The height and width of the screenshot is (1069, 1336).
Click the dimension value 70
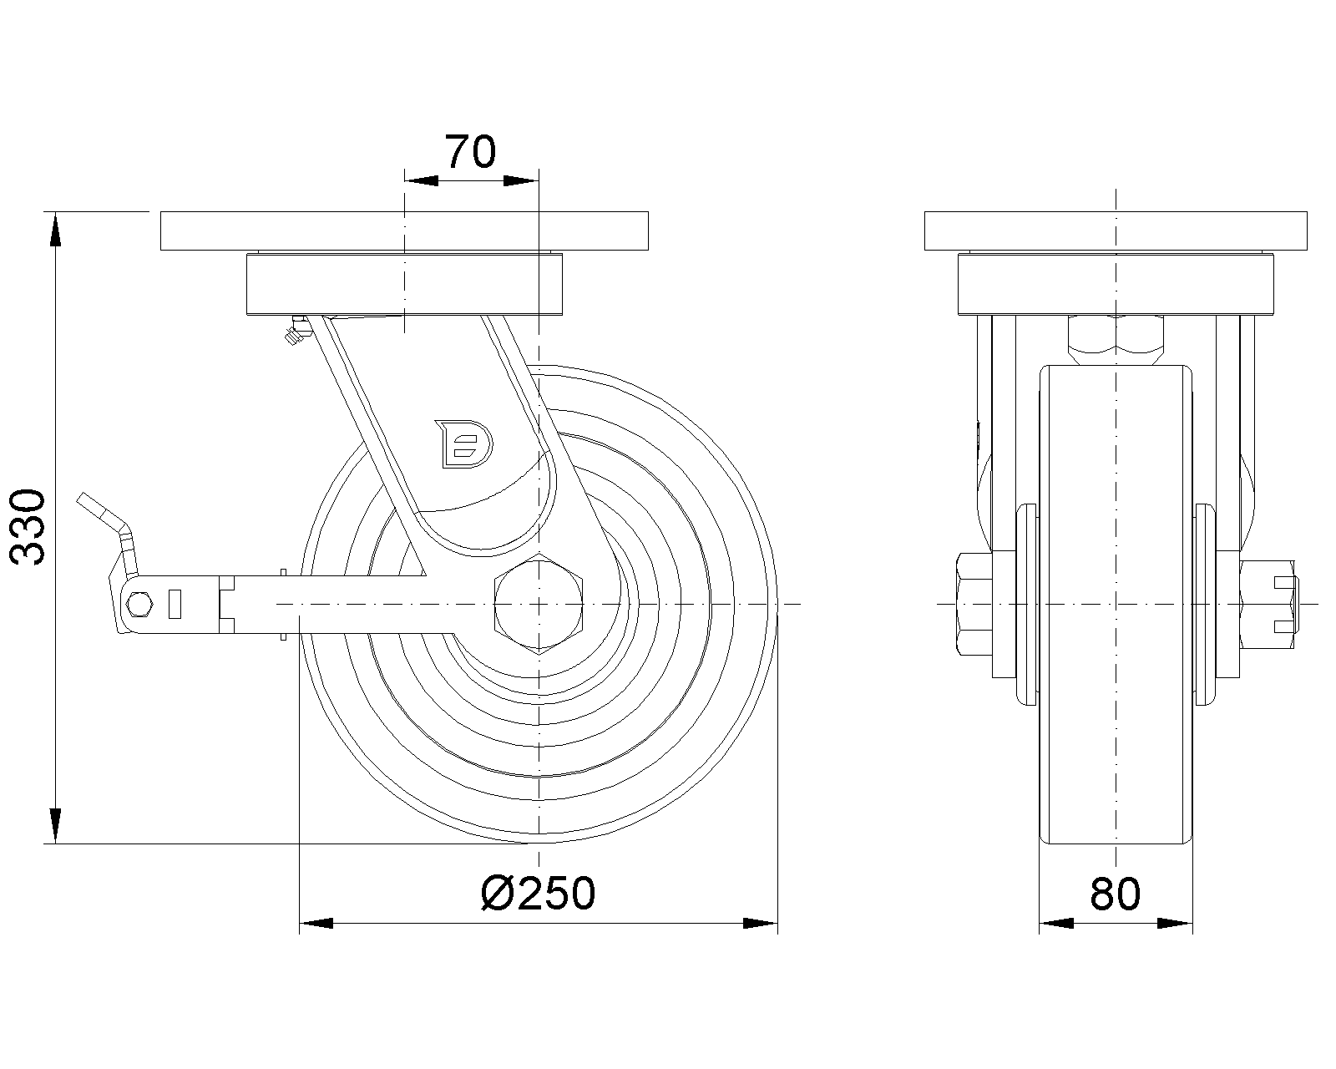click(470, 152)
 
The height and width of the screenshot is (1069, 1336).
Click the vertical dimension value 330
click(31, 528)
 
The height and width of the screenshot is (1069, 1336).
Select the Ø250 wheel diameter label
click(539, 894)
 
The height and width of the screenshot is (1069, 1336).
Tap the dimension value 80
click(1115, 894)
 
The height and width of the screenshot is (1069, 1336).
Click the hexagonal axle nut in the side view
click(540, 602)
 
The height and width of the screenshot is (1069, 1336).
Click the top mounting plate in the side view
click(402, 231)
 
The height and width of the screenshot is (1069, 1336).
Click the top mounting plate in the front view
click(1115, 231)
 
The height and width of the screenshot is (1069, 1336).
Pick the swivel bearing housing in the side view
click(405, 286)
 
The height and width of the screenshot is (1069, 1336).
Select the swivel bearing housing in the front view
click(1115, 286)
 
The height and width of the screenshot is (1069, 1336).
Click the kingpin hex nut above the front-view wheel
click(1115, 339)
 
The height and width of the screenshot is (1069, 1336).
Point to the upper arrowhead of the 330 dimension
click(55, 230)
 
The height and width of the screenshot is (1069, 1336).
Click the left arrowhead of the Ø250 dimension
click(316, 923)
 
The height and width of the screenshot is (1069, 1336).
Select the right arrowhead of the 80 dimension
click(1175, 923)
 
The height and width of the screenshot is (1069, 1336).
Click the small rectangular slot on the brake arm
click(175, 603)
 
